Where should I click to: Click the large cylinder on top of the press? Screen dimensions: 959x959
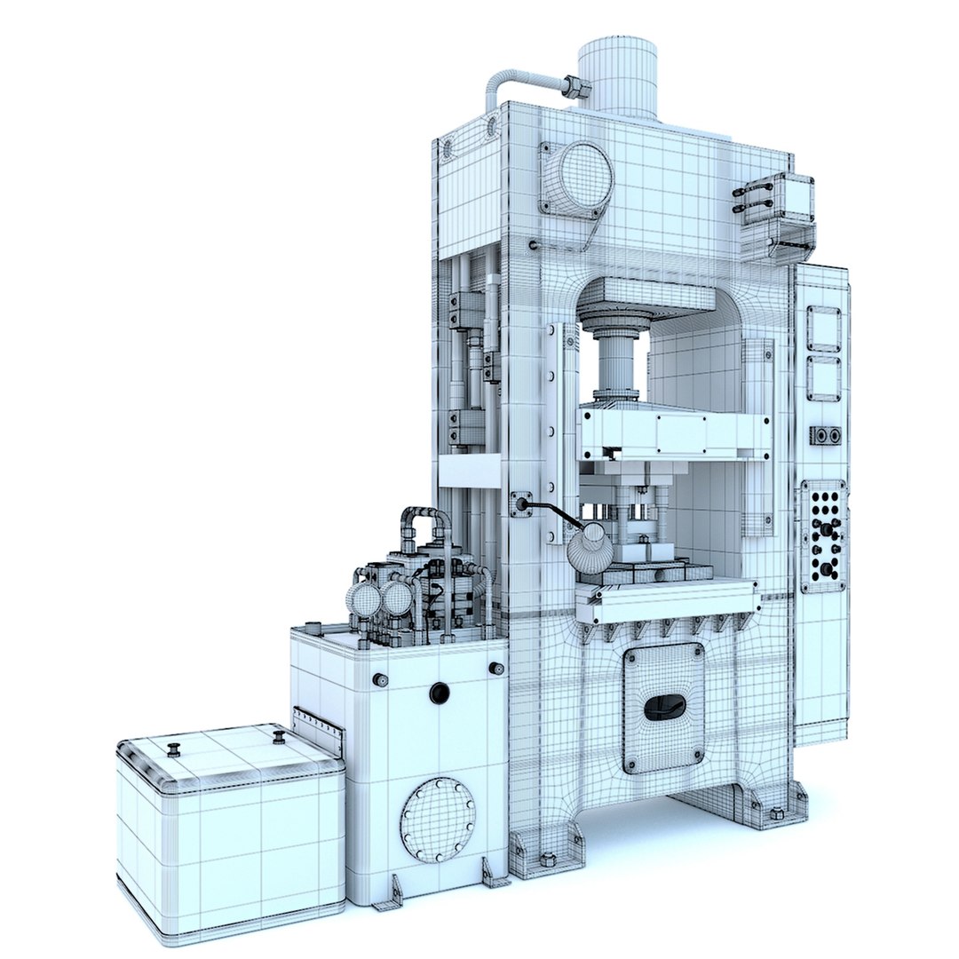tap(617, 75)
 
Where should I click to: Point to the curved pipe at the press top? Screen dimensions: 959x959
tap(515, 84)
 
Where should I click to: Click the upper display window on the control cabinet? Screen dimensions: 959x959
tap(823, 329)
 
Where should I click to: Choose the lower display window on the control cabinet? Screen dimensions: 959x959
tap(823, 378)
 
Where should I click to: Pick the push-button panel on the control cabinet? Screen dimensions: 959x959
tap(822, 536)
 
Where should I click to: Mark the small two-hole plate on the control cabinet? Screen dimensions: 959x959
tap(826, 435)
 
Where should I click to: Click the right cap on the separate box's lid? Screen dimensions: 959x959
tap(279, 737)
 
